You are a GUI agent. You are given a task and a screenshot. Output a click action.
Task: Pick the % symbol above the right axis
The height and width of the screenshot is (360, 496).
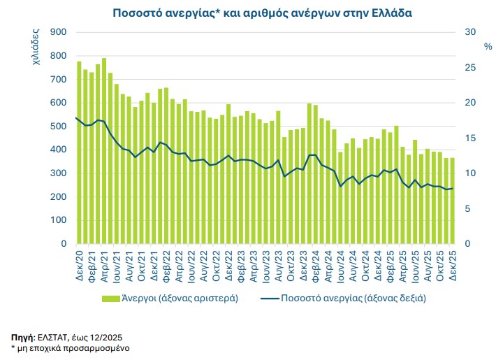(x=488, y=46)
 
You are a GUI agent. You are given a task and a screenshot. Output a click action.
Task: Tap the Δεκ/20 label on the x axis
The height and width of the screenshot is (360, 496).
(x=78, y=263)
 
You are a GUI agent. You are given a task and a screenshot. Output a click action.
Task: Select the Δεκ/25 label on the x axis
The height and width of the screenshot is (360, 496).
(x=452, y=263)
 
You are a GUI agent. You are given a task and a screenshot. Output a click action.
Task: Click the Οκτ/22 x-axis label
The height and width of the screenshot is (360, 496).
(x=216, y=263)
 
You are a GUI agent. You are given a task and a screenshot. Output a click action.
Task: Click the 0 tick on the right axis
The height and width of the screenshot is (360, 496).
(x=468, y=244)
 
